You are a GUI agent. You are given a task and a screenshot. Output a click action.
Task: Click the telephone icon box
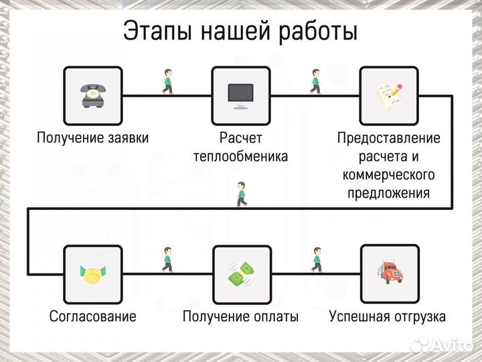[x=92, y=95]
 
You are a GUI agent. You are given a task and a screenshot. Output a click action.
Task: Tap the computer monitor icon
[x=241, y=95]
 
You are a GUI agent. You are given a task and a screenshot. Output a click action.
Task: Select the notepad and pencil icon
[x=390, y=95]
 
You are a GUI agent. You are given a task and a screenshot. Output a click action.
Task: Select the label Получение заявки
[x=92, y=138]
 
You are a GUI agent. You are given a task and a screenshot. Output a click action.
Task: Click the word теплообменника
[x=240, y=157]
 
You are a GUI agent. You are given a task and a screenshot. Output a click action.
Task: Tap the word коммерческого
[x=388, y=175]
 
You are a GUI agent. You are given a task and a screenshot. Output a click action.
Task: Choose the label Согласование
[x=92, y=316]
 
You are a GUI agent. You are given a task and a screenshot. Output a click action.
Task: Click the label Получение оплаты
[x=240, y=316]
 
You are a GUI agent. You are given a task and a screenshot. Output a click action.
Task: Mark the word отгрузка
[x=415, y=316]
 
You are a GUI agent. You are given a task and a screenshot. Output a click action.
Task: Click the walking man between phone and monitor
[x=167, y=82]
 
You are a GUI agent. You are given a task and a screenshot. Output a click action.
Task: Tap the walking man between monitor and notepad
[x=315, y=82]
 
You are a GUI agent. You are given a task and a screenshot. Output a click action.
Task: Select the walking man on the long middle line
[x=241, y=194]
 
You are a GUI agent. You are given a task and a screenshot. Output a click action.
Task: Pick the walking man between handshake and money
[x=167, y=260]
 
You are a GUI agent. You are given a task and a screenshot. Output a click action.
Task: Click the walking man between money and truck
[x=315, y=260]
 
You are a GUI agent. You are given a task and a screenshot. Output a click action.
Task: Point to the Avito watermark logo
[x=442, y=345]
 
